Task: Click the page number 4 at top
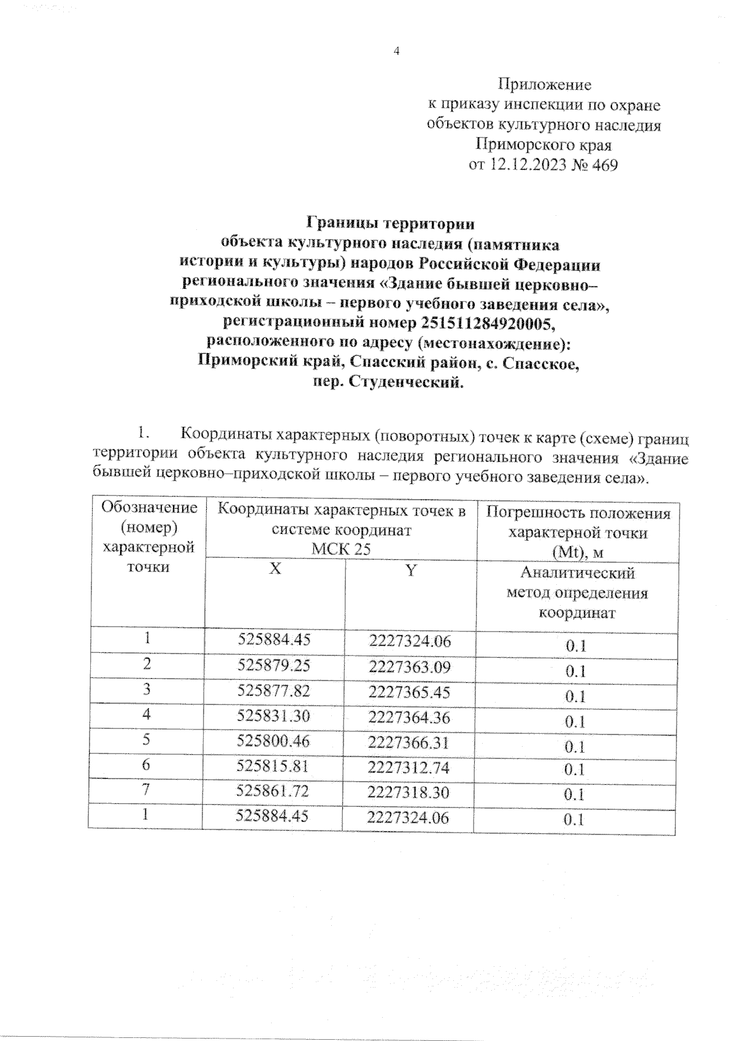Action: coord(396,51)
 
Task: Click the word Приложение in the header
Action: coord(544,84)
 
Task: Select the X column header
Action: coord(276,570)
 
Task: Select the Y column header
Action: coord(410,571)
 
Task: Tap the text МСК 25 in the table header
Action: coord(341,549)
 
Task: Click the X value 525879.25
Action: coord(274,665)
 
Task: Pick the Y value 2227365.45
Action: coord(409,692)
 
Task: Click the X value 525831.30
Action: coord(274,716)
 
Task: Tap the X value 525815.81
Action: coord(274,766)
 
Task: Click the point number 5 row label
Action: coord(147,740)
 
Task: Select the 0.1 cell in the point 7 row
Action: coord(575,795)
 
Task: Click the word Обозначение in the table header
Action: coord(149,508)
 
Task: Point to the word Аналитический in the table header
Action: coord(577,573)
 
